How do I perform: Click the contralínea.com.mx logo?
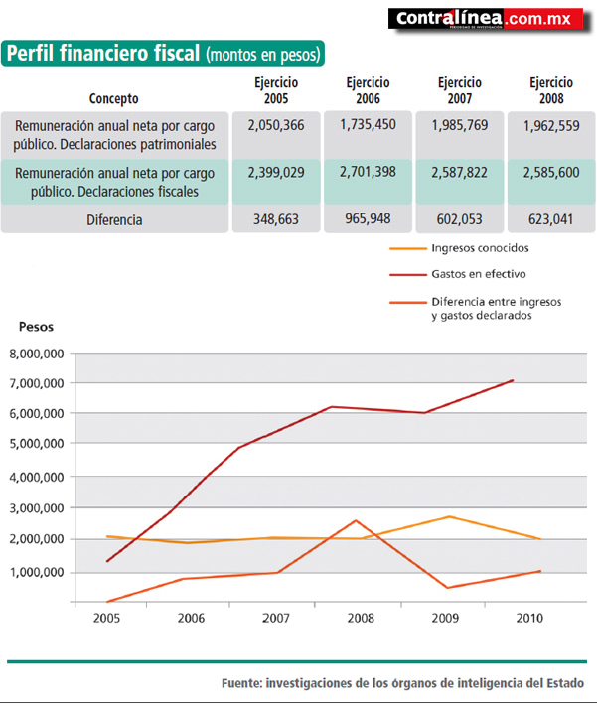490,20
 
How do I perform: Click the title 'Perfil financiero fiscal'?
103,53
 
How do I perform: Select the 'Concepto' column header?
113,98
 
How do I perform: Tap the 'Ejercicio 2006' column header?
368,90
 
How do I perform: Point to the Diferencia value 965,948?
368,218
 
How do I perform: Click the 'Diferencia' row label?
114,220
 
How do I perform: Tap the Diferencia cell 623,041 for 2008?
551,219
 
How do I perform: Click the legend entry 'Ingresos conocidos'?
480,248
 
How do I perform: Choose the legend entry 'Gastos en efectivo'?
479,274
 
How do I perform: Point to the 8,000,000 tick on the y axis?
37,354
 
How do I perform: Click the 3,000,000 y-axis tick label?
37,508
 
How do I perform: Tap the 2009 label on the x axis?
445,618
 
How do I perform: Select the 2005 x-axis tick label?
106,618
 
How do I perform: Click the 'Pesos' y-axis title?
36,327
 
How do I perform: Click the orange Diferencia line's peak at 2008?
356,520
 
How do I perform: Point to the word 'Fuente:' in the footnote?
242,683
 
